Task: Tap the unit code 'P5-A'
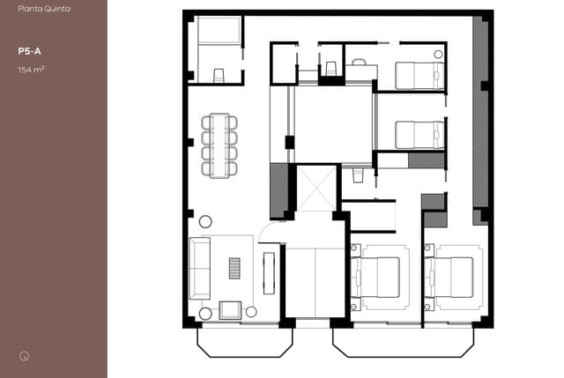pyautogui.click(x=26, y=52)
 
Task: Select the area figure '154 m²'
pyautogui.click(x=30, y=69)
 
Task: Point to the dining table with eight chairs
pyautogui.click(x=219, y=145)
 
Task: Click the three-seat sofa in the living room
pyautogui.click(x=200, y=268)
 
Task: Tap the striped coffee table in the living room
pyautogui.click(x=234, y=268)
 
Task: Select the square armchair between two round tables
pyautogui.click(x=229, y=309)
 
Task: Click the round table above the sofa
pyautogui.click(x=205, y=221)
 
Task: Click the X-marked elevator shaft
pyautogui.click(x=315, y=188)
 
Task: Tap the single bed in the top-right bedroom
pyautogui.click(x=418, y=76)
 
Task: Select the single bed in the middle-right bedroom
pyautogui.click(x=419, y=135)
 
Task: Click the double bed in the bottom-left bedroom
pyautogui.click(x=380, y=277)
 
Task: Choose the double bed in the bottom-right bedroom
pyautogui.click(x=453, y=277)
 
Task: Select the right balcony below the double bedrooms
pyautogui.click(x=403, y=341)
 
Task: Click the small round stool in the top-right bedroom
pyautogui.click(x=437, y=54)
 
